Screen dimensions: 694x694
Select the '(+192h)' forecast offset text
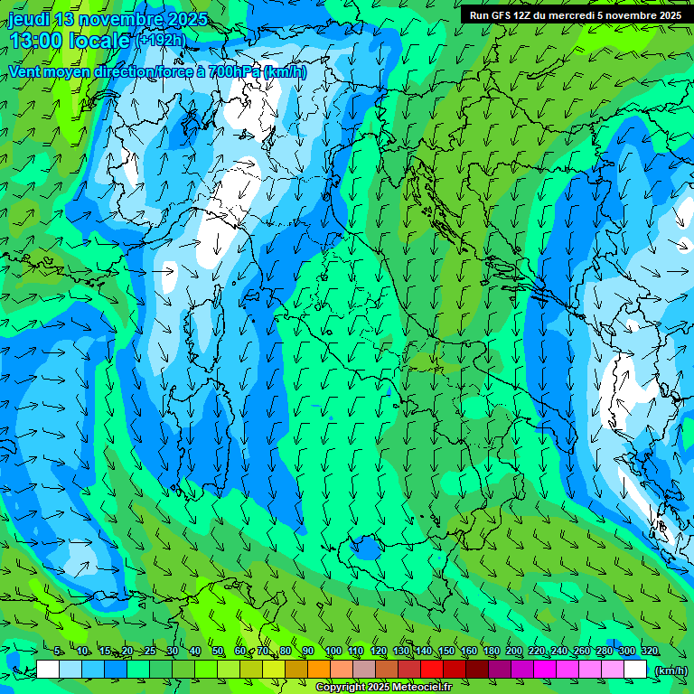click(162, 41)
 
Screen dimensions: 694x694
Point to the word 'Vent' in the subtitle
click(26, 71)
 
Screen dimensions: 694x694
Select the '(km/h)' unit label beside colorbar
click(670, 671)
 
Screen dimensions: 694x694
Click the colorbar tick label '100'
click(333, 651)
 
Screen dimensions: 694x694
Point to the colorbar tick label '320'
click(650, 651)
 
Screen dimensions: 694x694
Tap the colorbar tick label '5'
click(58, 651)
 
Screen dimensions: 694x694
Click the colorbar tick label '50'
click(218, 651)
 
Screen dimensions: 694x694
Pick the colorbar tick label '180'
click(492, 651)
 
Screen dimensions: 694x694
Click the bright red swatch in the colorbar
click(432, 670)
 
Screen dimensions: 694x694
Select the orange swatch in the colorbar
click(319, 670)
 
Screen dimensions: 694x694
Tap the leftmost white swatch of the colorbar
click(48, 670)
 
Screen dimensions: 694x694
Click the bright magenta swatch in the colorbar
click(545, 670)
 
